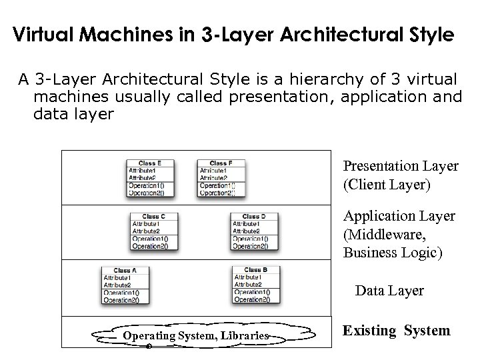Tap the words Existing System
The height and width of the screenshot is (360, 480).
(396, 331)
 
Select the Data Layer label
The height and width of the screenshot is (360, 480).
(389, 291)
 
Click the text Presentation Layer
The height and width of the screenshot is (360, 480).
(400, 165)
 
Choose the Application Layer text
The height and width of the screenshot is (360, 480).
(399, 216)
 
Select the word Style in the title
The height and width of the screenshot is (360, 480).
(432, 34)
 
